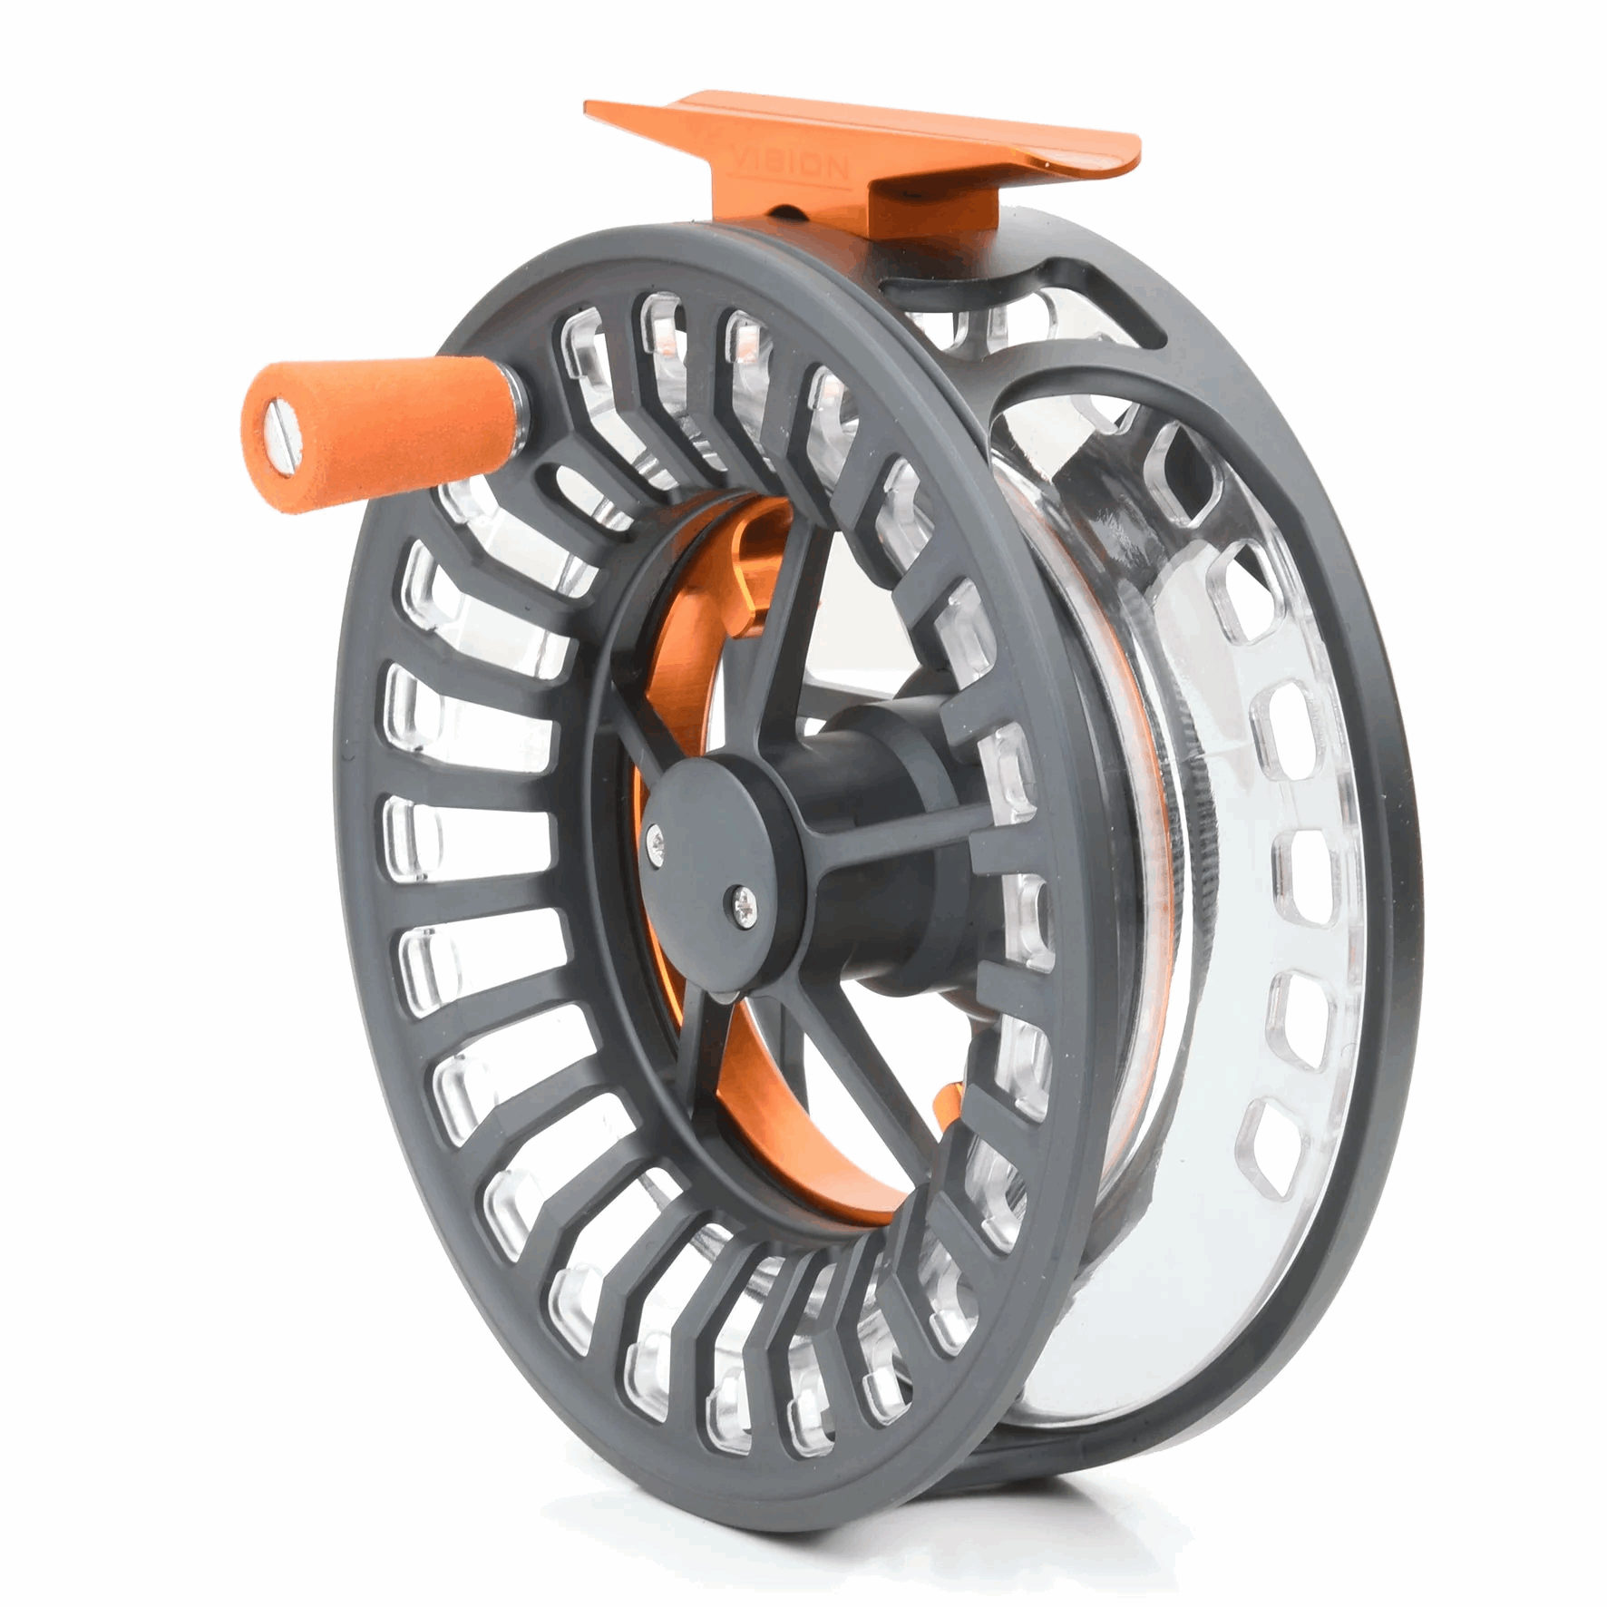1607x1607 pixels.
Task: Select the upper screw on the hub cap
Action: pos(655,844)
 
